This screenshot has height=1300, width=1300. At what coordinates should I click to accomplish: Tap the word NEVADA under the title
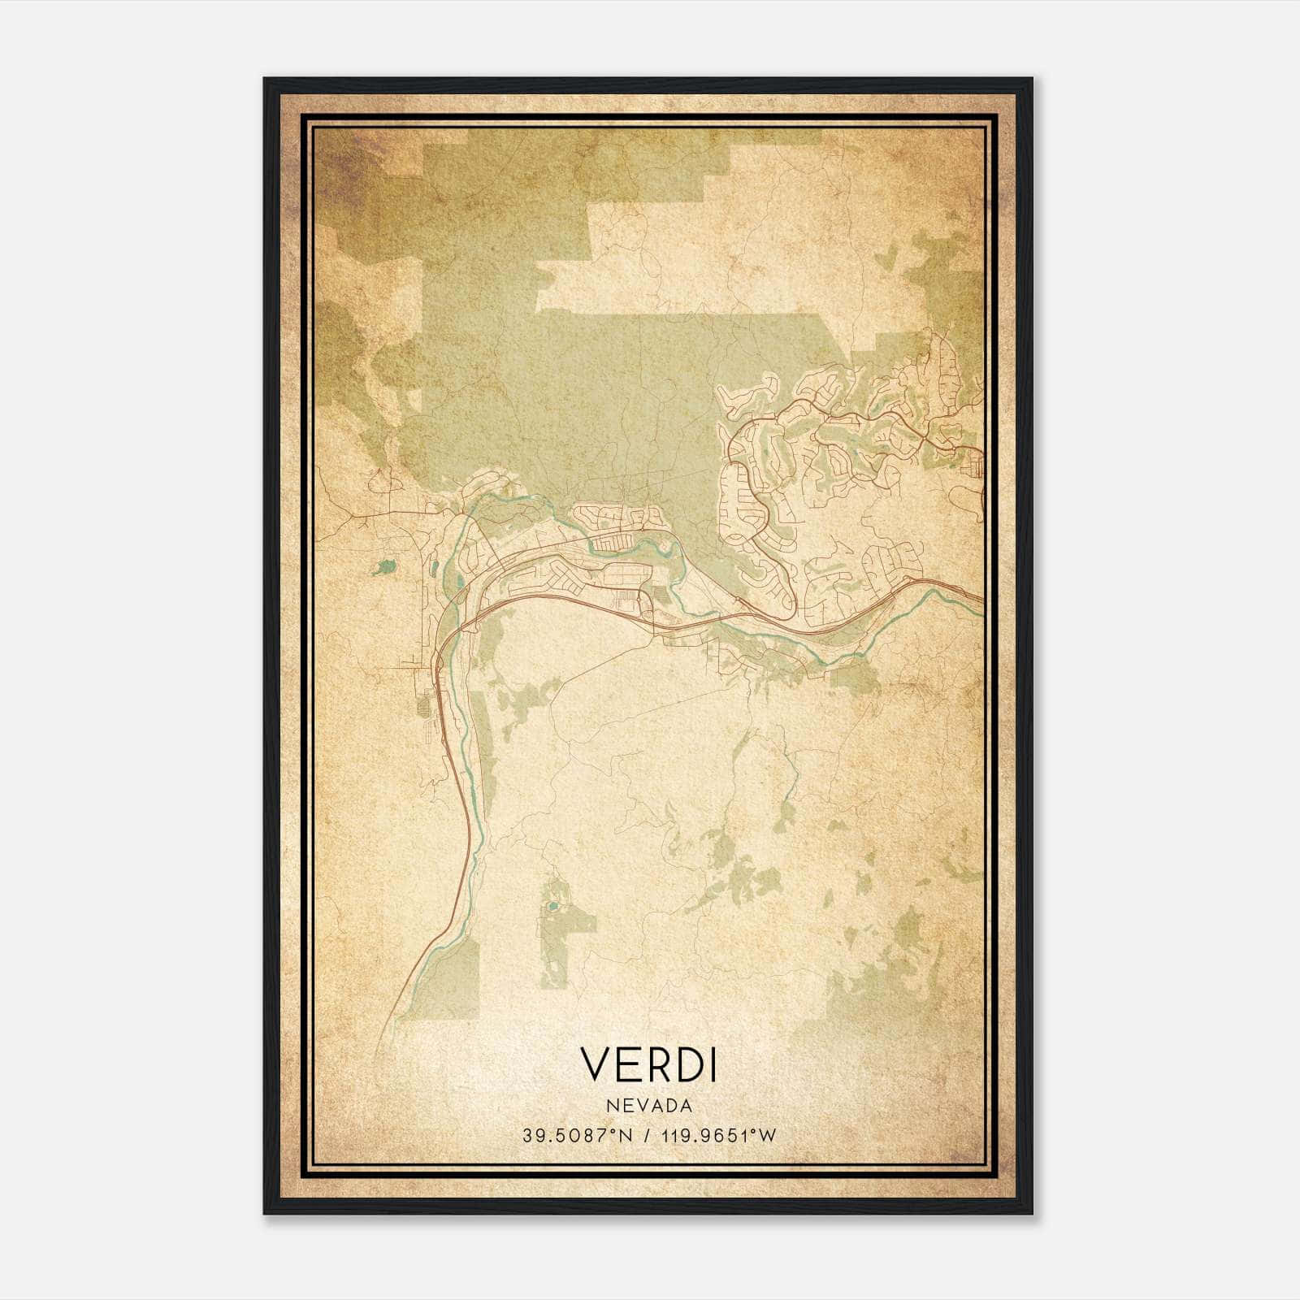(x=648, y=1106)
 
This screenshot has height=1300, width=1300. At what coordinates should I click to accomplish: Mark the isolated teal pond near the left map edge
(x=382, y=565)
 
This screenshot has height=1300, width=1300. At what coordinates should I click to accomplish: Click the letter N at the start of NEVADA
(x=609, y=1106)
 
